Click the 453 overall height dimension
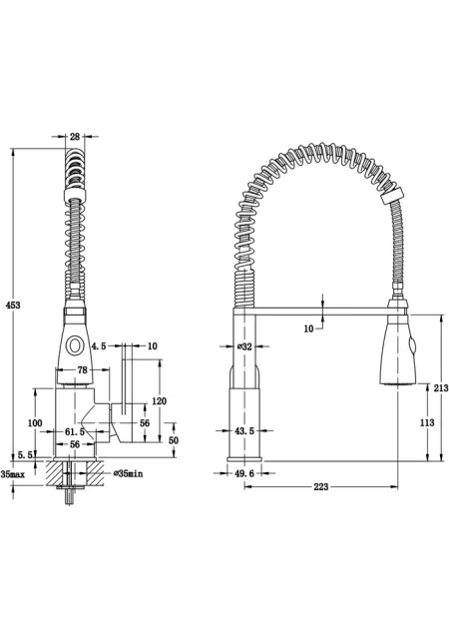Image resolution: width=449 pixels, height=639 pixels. [x=13, y=306]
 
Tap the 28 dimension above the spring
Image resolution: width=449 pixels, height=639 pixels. [x=75, y=137]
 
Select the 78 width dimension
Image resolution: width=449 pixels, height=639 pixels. [x=82, y=370]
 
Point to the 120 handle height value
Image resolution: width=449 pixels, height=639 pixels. [x=159, y=401]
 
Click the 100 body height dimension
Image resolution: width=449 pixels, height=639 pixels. [x=35, y=423]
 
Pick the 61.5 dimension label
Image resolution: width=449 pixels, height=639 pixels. [x=75, y=431]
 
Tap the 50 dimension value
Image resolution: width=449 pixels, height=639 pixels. [x=174, y=440]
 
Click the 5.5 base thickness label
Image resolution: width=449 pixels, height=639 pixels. [x=25, y=455]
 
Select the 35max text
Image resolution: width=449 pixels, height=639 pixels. [x=13, y=474]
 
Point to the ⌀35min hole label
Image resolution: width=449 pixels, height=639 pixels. [x=129, y=473]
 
